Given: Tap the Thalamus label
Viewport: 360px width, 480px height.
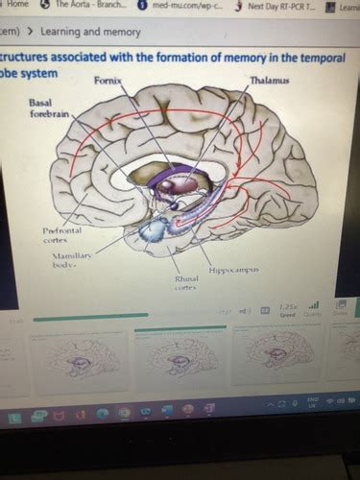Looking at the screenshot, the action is (269, 82).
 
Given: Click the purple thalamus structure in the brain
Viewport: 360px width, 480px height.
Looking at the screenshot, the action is (179, 182).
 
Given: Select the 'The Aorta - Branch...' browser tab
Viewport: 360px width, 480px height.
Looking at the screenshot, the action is (90, 6).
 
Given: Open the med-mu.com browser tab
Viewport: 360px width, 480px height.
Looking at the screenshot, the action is (179, 6).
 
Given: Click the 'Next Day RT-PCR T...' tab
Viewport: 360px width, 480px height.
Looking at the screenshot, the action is (275, 7).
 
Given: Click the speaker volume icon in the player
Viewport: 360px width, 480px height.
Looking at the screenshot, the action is (246, 310).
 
